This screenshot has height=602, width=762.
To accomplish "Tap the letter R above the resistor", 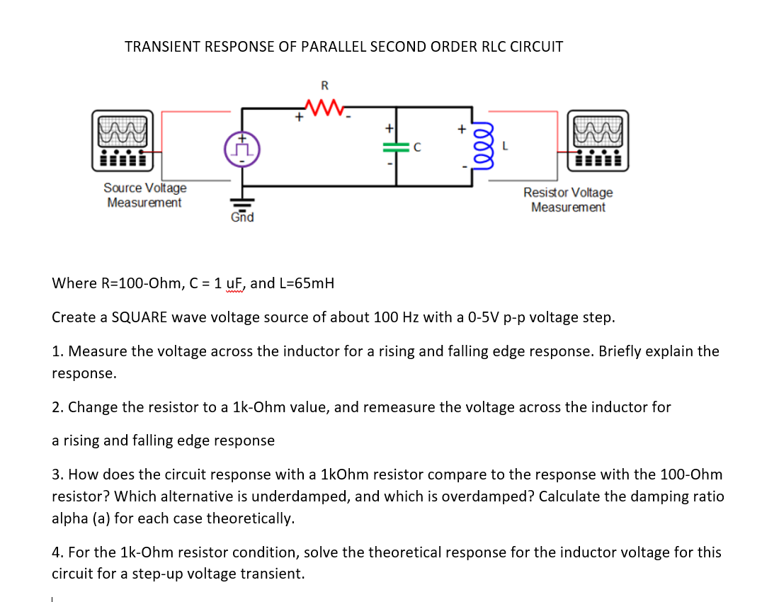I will point(324,86).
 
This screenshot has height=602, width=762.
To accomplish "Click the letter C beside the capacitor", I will point(418,147).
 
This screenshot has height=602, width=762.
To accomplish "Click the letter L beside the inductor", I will point(505,147).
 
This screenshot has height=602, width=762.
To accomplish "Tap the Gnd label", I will point(242,217).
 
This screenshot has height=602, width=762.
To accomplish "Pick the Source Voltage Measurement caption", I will point(144,195).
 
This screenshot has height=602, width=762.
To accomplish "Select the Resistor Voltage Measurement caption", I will point(568,200).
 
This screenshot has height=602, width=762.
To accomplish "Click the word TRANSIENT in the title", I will point(161,47).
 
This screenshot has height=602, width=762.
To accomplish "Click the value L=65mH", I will point(306,284).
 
